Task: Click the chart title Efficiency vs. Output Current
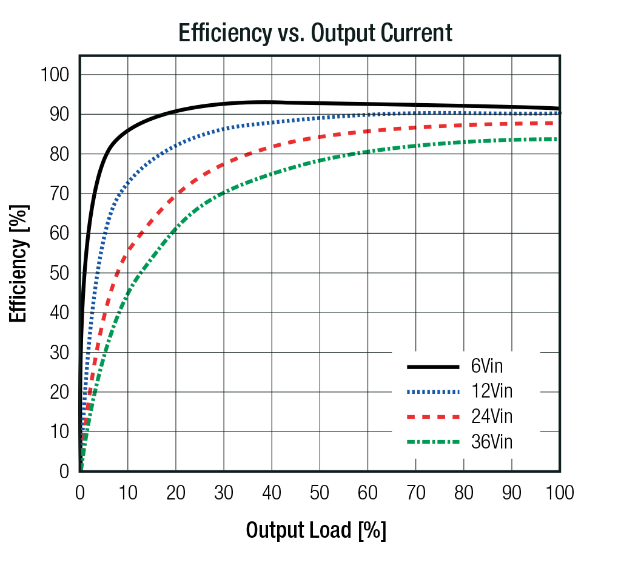click(x=315, y=33)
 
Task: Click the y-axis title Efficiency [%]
click(x=19, y=263)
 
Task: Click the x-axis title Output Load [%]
click(x=315, y=530)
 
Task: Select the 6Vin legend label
click(x=487, y=366)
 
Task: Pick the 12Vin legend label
click(x=492, y=391)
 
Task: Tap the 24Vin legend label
click(x=492, y=416)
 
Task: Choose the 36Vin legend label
click(x=492, y=442)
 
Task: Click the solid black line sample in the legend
click(x=433, y=367)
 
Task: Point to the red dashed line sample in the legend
click(x=433, y=417)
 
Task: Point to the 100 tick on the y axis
click(x=55, y=75)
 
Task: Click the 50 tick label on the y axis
click(x=59, y=273)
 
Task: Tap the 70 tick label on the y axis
click(x=59, y=194)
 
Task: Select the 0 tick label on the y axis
click(x=64, y=472)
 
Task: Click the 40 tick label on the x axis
click(x=272, y=493)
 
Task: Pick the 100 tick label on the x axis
click(x=560, y=493)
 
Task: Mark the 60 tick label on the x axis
click(x=368, y=493)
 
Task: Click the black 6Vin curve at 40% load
click(x=272, y=102)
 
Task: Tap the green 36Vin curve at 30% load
click(x=224, y=193)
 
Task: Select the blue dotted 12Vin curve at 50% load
click(x=320, y=118)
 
